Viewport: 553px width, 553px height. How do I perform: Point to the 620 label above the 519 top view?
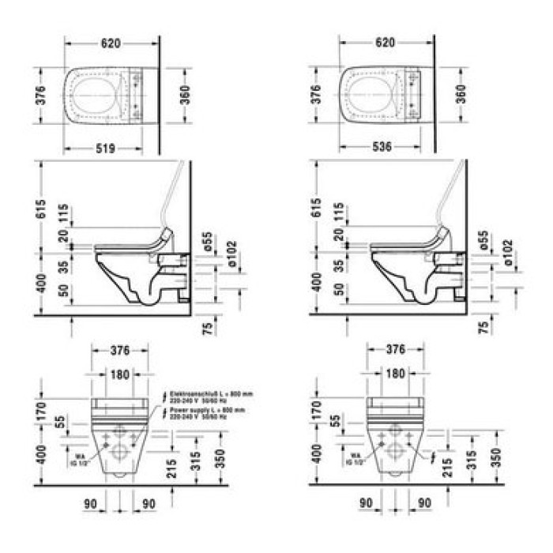(x=111, y=44)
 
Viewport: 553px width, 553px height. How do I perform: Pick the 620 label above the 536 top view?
(x=385, y=44)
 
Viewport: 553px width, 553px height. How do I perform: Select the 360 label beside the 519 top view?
(x=183, y=95)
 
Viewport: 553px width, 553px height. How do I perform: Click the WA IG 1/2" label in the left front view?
(x=81, y=459)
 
